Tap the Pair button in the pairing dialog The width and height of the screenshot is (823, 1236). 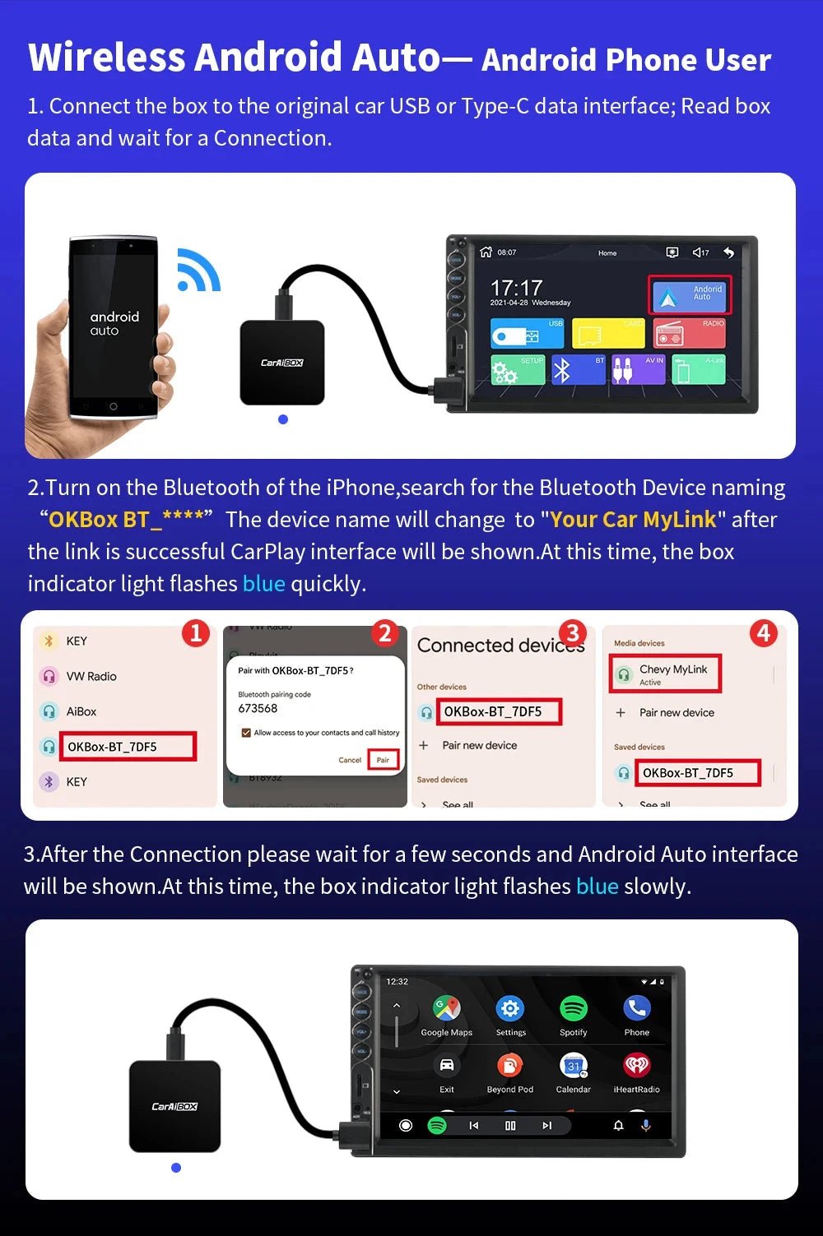tap(383, 760)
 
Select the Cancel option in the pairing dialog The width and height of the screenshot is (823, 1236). tap(350, 760)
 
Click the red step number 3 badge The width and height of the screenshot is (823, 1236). tap(572, 633)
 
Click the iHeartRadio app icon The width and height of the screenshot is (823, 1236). tap(637, 1066)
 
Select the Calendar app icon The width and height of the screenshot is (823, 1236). tap(574, 1066)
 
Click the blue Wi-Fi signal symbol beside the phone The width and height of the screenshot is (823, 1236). tap(198, 271)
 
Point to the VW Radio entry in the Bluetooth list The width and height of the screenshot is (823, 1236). tap(91, 676)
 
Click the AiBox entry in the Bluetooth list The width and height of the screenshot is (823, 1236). tap(81, 711)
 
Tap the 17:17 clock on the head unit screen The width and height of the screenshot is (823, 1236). tap(517, 288)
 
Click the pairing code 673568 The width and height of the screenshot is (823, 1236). tap(258, 708)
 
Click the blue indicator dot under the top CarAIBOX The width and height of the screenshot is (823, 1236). tap(283, 419)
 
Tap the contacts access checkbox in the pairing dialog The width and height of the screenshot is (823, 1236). tap(246, 733)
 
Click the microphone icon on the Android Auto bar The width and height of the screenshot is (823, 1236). tap(646, 1125)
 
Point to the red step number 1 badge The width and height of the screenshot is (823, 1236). tap(196, 633)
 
